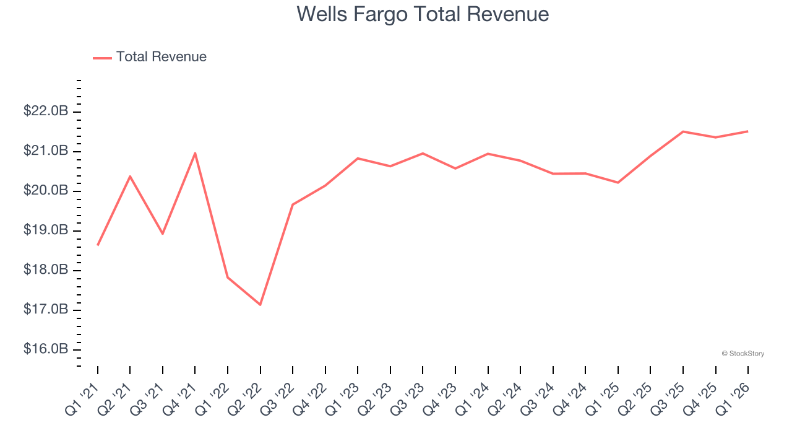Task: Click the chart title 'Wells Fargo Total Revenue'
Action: coord(423,14)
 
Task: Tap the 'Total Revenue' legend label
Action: coord(161,57)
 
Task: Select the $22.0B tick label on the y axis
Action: coord(46,111)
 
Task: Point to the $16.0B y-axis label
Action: coord(46,349)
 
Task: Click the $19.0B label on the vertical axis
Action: coord(46,230)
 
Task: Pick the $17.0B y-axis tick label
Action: coord(46,310)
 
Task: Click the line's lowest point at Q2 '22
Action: coord(260,305)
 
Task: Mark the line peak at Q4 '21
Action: coord(195,153)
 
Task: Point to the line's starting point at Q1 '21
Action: coord(98,245)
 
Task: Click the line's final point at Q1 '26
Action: coord(748,131)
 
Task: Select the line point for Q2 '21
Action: coord(130,176)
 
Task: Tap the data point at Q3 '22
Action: coord(293,204)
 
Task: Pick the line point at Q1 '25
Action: coord(618,183)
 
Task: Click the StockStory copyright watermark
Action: coord(742,354)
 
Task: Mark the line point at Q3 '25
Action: coord(683,131)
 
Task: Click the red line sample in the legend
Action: coord(102,58)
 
